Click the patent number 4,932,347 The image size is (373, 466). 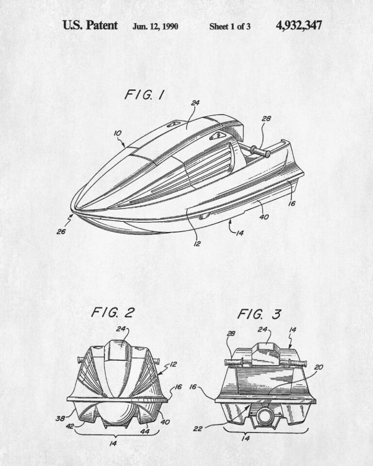299,26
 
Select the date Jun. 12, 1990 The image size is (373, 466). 155,26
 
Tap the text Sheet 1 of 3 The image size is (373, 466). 230,26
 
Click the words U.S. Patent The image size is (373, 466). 90,25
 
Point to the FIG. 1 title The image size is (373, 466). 144,95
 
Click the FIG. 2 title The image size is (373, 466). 113,312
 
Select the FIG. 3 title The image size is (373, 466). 259,314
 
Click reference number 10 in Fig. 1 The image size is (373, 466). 118,133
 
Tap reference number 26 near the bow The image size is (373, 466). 61,232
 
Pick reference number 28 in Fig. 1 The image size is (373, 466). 266,118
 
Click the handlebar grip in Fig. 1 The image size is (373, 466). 260,151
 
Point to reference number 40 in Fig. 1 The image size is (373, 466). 264,216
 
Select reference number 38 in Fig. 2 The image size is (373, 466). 60,418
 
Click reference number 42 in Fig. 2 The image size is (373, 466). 70,426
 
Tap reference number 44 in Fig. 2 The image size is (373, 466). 145,431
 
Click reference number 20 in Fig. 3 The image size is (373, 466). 318,367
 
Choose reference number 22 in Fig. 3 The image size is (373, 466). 198,428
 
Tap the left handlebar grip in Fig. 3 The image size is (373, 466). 234,362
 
